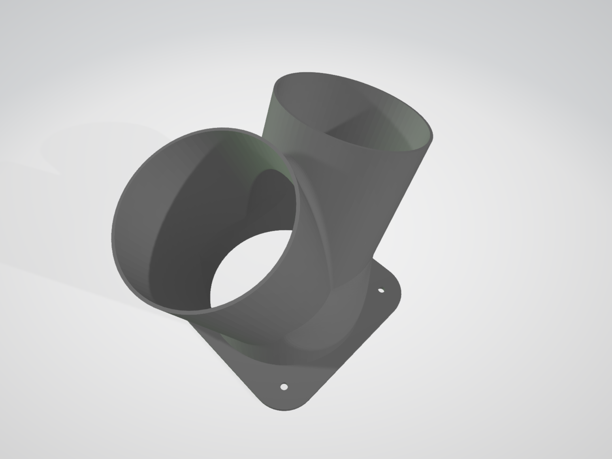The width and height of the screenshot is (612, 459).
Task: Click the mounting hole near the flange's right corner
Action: click(x=381, y=291)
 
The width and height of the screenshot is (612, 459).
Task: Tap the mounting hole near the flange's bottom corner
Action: click(x=284, y=387)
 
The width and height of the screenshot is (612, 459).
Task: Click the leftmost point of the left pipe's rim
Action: click(x=112, y=237)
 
